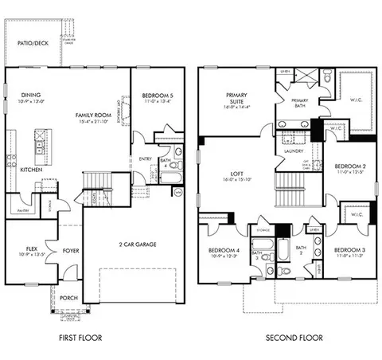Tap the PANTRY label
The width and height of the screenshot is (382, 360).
(24, 210)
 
